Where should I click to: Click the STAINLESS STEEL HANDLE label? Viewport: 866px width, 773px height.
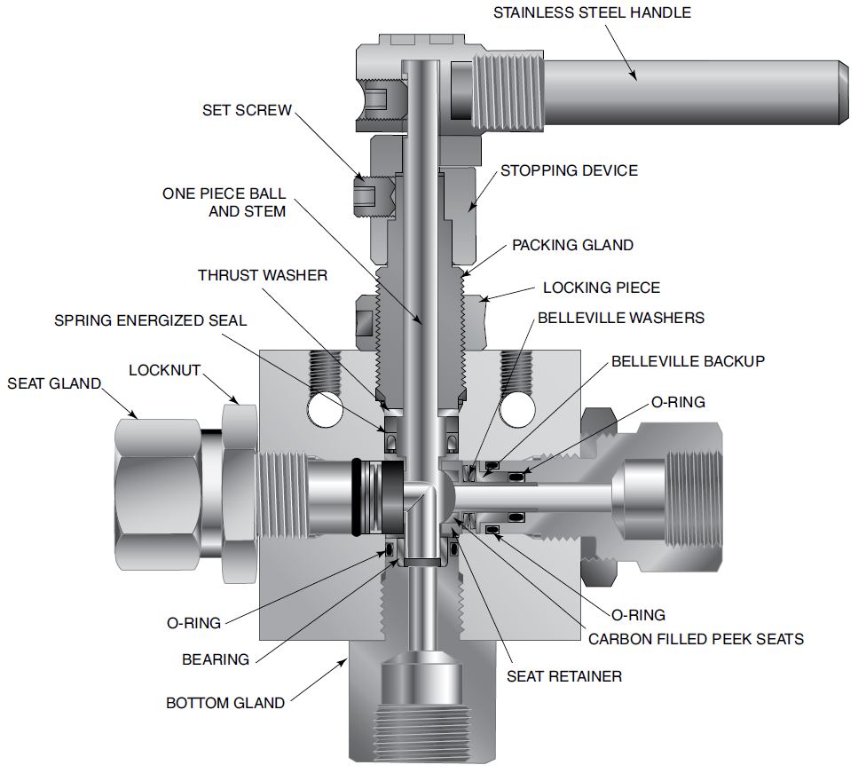[x=592, y=13]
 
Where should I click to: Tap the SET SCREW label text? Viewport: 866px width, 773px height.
[x=248, y=110]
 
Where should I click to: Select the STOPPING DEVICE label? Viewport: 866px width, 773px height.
[x=569, y=170]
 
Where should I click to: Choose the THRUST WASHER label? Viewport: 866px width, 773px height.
[x=263, y=275]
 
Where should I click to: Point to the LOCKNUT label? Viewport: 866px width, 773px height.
[x=164, y=369]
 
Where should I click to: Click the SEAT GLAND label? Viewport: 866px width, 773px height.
[x=54, y=383]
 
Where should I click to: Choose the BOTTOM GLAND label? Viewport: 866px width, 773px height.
[x=225, y=703]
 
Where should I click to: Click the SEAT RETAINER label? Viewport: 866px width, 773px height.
[x=564, y=676]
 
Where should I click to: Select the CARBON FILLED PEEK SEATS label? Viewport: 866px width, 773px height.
[x=697, y=638]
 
